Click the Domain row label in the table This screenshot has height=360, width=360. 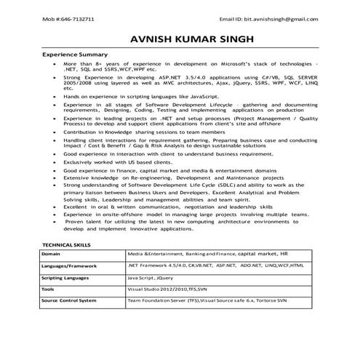pos(52,255)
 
